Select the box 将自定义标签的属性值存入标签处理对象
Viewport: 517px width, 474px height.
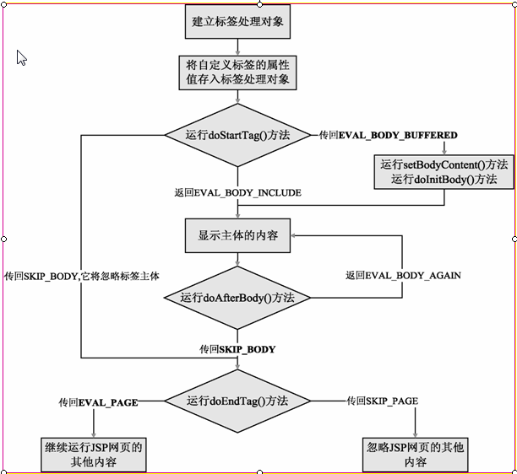pos(237,73)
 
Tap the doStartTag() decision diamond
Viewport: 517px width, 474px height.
pos(237,135)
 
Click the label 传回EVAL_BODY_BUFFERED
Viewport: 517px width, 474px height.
pos(389,135)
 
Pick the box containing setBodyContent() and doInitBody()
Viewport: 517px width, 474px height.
pos(444,171)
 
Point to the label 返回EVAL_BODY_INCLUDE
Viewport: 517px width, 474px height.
pos(237,192)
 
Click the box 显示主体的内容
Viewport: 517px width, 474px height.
pos(237,235)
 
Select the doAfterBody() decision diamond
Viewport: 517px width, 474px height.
pos(237,297)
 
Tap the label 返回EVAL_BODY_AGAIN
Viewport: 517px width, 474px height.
pos(403,275)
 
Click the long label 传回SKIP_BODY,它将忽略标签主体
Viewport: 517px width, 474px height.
pos(82,276)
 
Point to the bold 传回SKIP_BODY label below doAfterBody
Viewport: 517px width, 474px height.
pos(237,348)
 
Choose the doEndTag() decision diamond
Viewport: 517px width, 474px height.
pos(237,401)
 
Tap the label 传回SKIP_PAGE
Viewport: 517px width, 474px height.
pos(382,401)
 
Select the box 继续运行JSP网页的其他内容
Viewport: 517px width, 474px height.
pos(92,454)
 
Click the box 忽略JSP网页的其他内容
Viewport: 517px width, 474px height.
pos(416,454)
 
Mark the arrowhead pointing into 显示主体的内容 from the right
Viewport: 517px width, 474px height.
pos(295,235)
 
